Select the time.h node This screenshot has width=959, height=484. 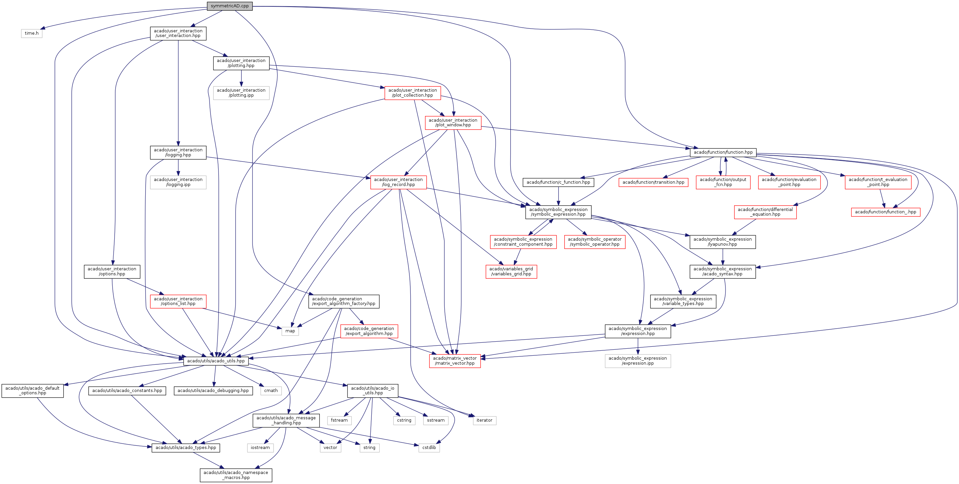[32, 33]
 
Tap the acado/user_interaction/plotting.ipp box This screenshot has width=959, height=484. [241, 93]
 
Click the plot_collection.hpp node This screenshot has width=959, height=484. [412, 93]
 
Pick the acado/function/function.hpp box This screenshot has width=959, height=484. [723, 152]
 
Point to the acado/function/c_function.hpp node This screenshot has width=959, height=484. [558, 182]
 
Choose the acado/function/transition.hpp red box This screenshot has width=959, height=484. [653, 182]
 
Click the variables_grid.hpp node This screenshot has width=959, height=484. [511, 271]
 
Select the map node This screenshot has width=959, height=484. [290, 331]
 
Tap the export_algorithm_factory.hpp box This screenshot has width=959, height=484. [344, 301]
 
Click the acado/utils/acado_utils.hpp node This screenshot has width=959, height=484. [216, 361]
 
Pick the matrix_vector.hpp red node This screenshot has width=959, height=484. [455, 361]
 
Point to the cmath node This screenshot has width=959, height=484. [271, 390]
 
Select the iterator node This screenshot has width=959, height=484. [484, 420]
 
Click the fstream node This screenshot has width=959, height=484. [339, 420]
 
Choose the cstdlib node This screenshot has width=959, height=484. [429, 447]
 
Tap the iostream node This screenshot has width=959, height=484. [260, 447]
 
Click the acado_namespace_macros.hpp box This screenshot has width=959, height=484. [236, 475]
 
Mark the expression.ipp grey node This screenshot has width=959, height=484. [638, 361]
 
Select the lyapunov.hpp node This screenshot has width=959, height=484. [722, 242]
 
